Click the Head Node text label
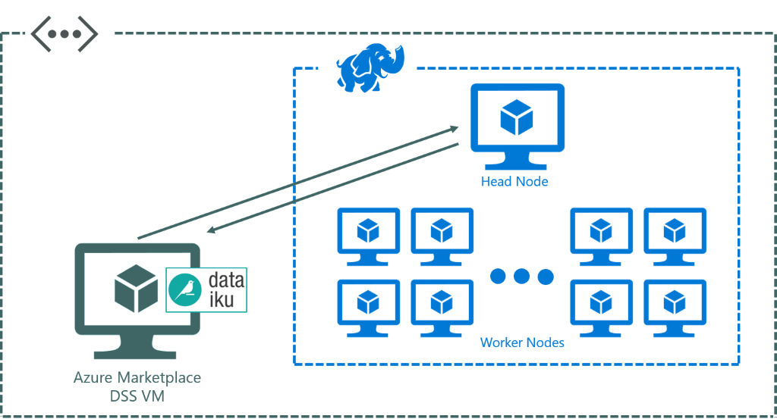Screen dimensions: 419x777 [514, 182]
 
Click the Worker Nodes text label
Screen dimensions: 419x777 [522, 343]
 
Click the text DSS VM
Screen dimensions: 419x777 [137, 396]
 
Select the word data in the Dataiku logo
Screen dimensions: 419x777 [225, 280]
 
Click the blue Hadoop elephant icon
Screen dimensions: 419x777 [370, 67]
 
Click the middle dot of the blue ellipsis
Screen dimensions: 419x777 [521, 276]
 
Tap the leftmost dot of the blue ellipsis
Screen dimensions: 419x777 [497, 276]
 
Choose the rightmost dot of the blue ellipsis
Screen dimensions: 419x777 [546, 276]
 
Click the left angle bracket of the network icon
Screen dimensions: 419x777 [38, 35]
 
